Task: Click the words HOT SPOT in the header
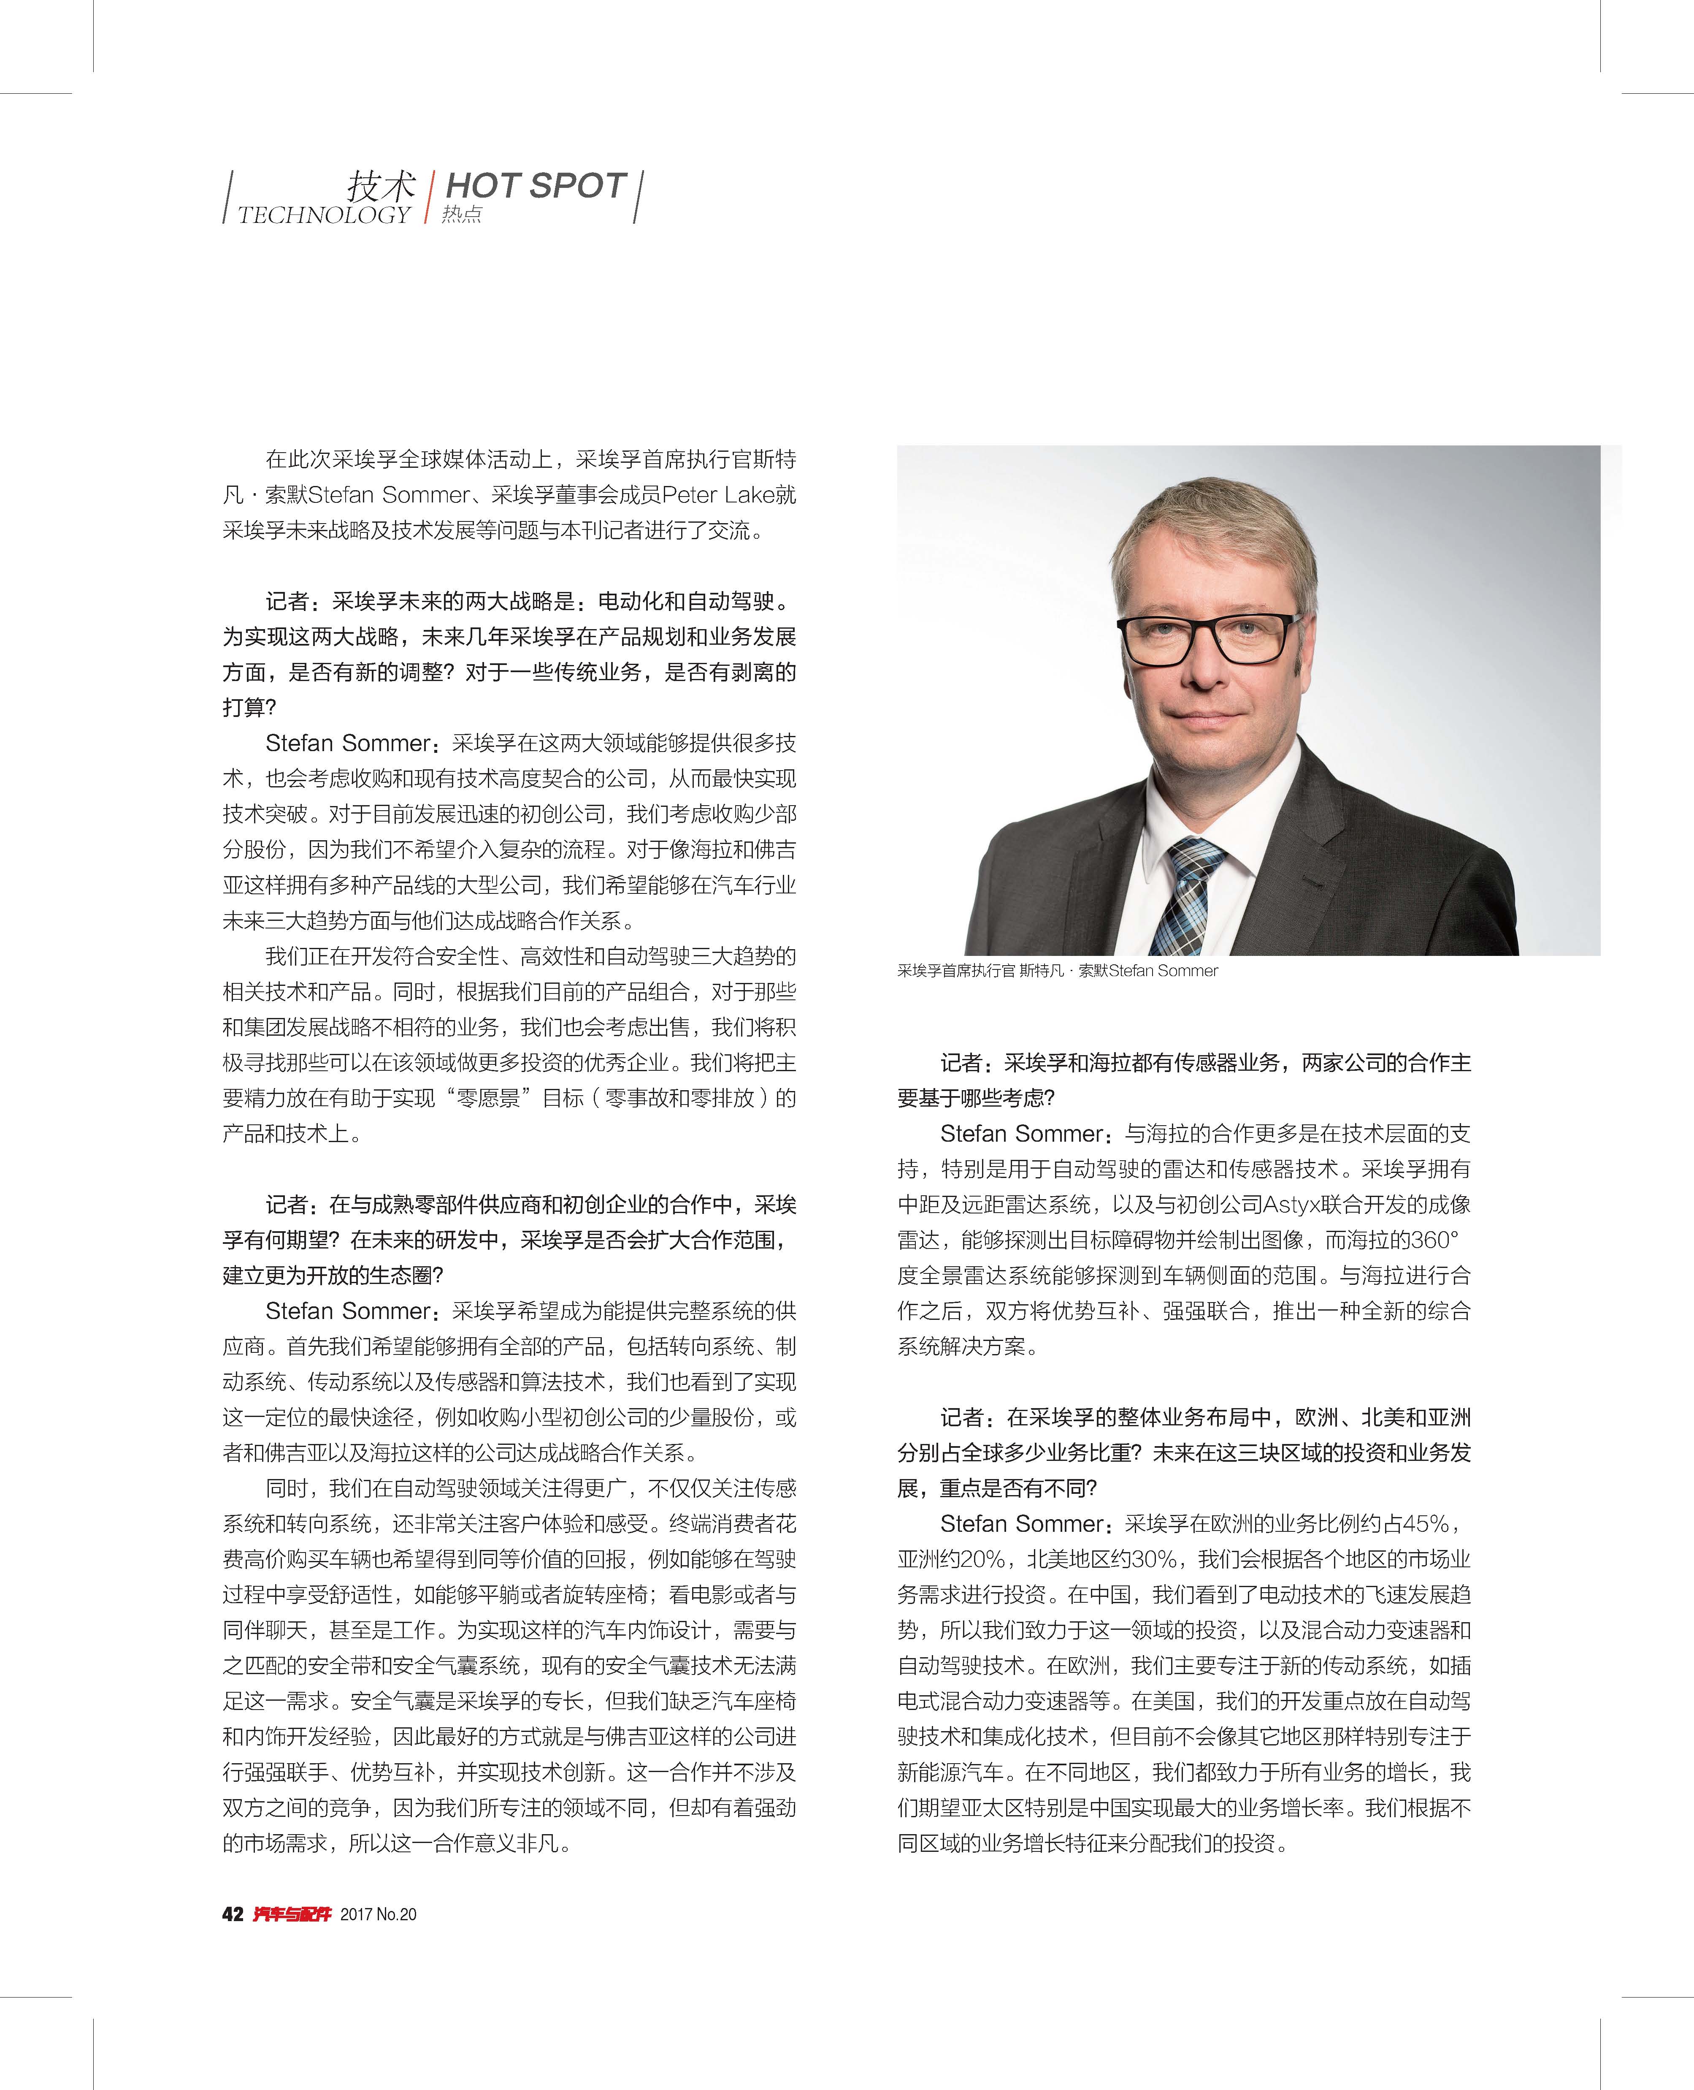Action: point(535,185)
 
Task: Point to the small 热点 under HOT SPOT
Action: point(462,215)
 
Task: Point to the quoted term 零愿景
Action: point(488,1098)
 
